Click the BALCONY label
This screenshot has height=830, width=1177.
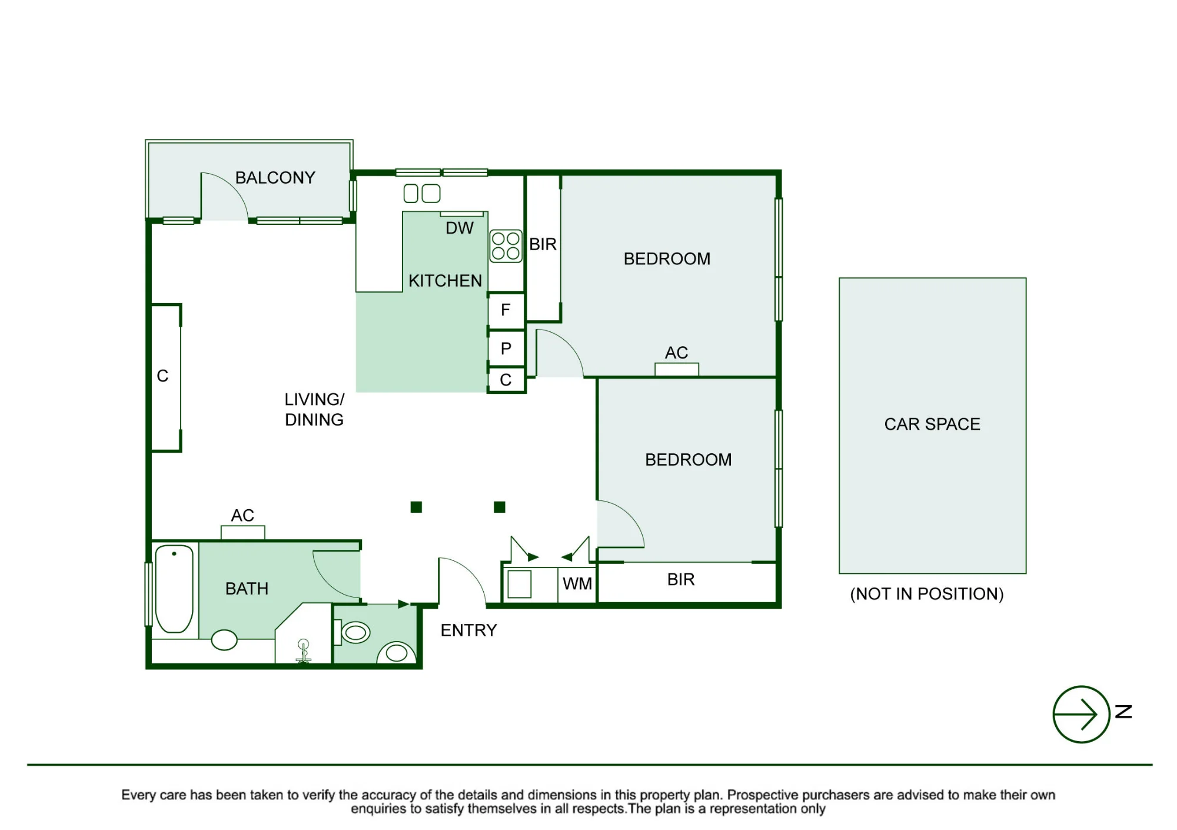click(275, 177)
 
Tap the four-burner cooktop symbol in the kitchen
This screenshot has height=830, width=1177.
click(506, 246)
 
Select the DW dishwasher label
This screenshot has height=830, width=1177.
click(460, 228)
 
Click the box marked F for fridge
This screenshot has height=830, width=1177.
click(506, 310)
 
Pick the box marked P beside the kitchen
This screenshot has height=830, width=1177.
click(506, 348)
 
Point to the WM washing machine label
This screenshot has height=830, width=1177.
click(577, 583)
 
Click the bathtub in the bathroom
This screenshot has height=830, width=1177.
click(174, 588)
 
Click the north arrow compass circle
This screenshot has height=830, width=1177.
click(1081, 714)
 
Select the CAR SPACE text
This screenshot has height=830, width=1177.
click(932, 424)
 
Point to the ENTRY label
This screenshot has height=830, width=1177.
click(468, 630)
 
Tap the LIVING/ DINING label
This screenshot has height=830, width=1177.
click(314, 409)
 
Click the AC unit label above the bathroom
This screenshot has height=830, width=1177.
click(242, 515)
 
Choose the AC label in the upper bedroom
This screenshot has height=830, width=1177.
click(676, 352)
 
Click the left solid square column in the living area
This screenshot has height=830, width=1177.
click(416, 507)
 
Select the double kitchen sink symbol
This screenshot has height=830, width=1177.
click(422, 193)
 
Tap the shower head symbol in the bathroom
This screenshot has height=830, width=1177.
click(303, 651)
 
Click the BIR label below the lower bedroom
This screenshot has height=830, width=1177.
click(681, 579)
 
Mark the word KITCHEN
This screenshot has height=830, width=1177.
click(445, 280)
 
